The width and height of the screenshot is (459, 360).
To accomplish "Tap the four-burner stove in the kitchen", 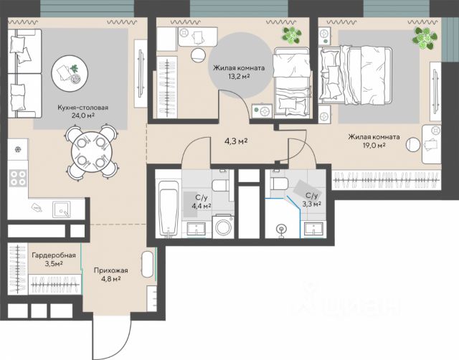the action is click(18, 178).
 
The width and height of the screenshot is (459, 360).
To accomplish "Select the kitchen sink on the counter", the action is click(62, 209).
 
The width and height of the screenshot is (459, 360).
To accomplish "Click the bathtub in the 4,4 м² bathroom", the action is click(169, 209).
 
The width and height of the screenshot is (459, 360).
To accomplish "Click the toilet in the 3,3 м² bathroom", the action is click(279, 184).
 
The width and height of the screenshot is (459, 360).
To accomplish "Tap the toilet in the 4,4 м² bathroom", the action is click(221, 185).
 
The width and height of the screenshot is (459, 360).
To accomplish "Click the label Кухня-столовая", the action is click(83, 108).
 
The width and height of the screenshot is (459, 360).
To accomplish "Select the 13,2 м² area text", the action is click(239, 77).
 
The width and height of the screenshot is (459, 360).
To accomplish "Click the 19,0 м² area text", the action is click(374, 146).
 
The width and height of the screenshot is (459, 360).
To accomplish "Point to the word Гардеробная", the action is click(54, 255).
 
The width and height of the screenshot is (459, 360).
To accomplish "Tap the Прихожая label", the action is click(111, 270).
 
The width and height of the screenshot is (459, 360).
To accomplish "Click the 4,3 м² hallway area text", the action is click(236, 142).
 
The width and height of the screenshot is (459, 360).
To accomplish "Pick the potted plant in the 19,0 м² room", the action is click(425, 38).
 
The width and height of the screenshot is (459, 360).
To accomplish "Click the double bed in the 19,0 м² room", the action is click(356, 75).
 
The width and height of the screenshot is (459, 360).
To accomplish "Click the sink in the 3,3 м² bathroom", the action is click(314, 229).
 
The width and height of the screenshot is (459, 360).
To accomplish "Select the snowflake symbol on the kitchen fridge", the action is click(18, 150).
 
